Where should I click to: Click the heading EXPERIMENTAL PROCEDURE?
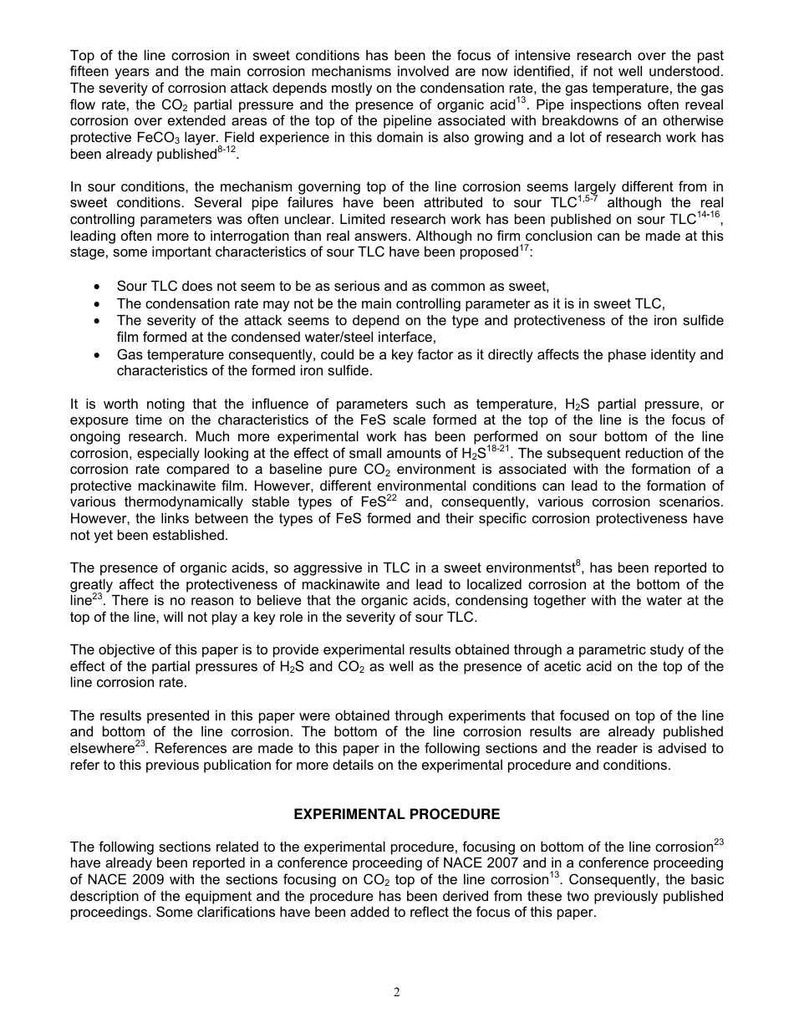tap(397, 814)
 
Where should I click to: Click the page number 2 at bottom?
tap(397, 993)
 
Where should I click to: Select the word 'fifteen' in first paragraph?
tap(91, 72)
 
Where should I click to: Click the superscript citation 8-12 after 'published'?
tap(226, 150)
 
